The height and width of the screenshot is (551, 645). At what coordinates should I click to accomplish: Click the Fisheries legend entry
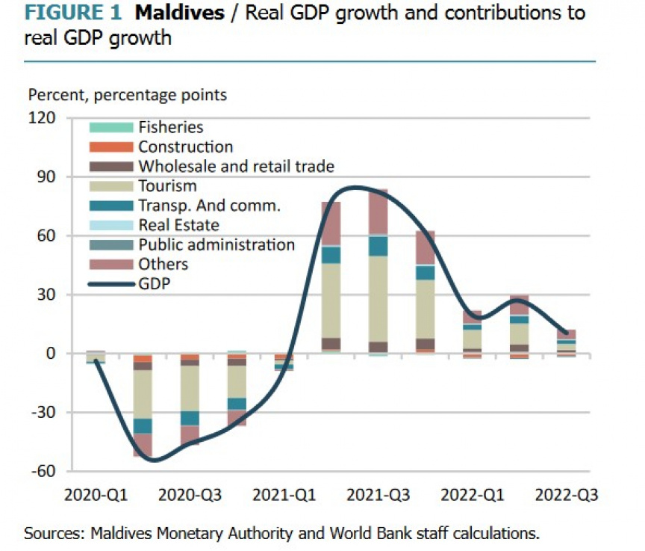click(x=170, y=128)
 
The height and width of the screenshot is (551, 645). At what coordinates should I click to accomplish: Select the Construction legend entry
click(x=185, y=147)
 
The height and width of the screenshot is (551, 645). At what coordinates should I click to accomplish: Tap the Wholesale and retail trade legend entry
click(x=236, y=167)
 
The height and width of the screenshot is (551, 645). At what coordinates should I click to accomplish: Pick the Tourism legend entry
click(x=167, y=186)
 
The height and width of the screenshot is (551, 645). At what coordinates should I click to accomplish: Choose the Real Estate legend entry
click(x=178, y=225)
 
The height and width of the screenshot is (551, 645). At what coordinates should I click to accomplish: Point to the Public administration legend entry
click(x=216, y=244)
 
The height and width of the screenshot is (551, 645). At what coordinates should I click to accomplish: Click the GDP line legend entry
click(x=155, y=283)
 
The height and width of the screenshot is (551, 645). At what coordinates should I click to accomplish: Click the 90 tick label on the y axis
click(x=47, y=177)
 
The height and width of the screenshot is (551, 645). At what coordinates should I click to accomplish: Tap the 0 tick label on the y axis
click(x=51, y=354)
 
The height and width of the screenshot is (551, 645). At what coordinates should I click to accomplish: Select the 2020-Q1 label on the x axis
click(x=96, y=495)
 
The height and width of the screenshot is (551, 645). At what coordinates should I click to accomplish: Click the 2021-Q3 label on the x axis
click(x=378, y=495)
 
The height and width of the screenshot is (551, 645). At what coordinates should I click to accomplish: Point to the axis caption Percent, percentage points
click(x=127, y=95)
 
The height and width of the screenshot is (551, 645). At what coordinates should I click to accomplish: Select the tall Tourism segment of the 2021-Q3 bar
click(x=378, y=299)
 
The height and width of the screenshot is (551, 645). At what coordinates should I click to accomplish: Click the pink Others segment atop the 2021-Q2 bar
click(x=331, y=223)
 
